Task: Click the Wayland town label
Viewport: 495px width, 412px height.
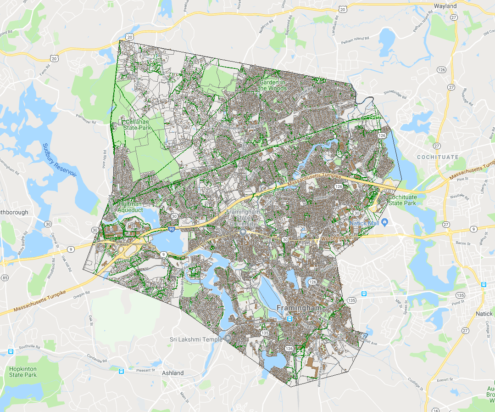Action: pos(445,6)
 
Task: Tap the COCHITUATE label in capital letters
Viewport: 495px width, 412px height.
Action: pos(437,157)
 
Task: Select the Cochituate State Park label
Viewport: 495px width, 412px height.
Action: pos(402,200)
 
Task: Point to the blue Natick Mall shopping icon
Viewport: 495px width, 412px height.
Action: pos(384,223)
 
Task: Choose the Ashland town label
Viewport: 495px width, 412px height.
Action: pos(172,373)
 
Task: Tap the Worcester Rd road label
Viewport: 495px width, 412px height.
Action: pos(338,238)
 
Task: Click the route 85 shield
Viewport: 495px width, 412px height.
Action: pos(5,278)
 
